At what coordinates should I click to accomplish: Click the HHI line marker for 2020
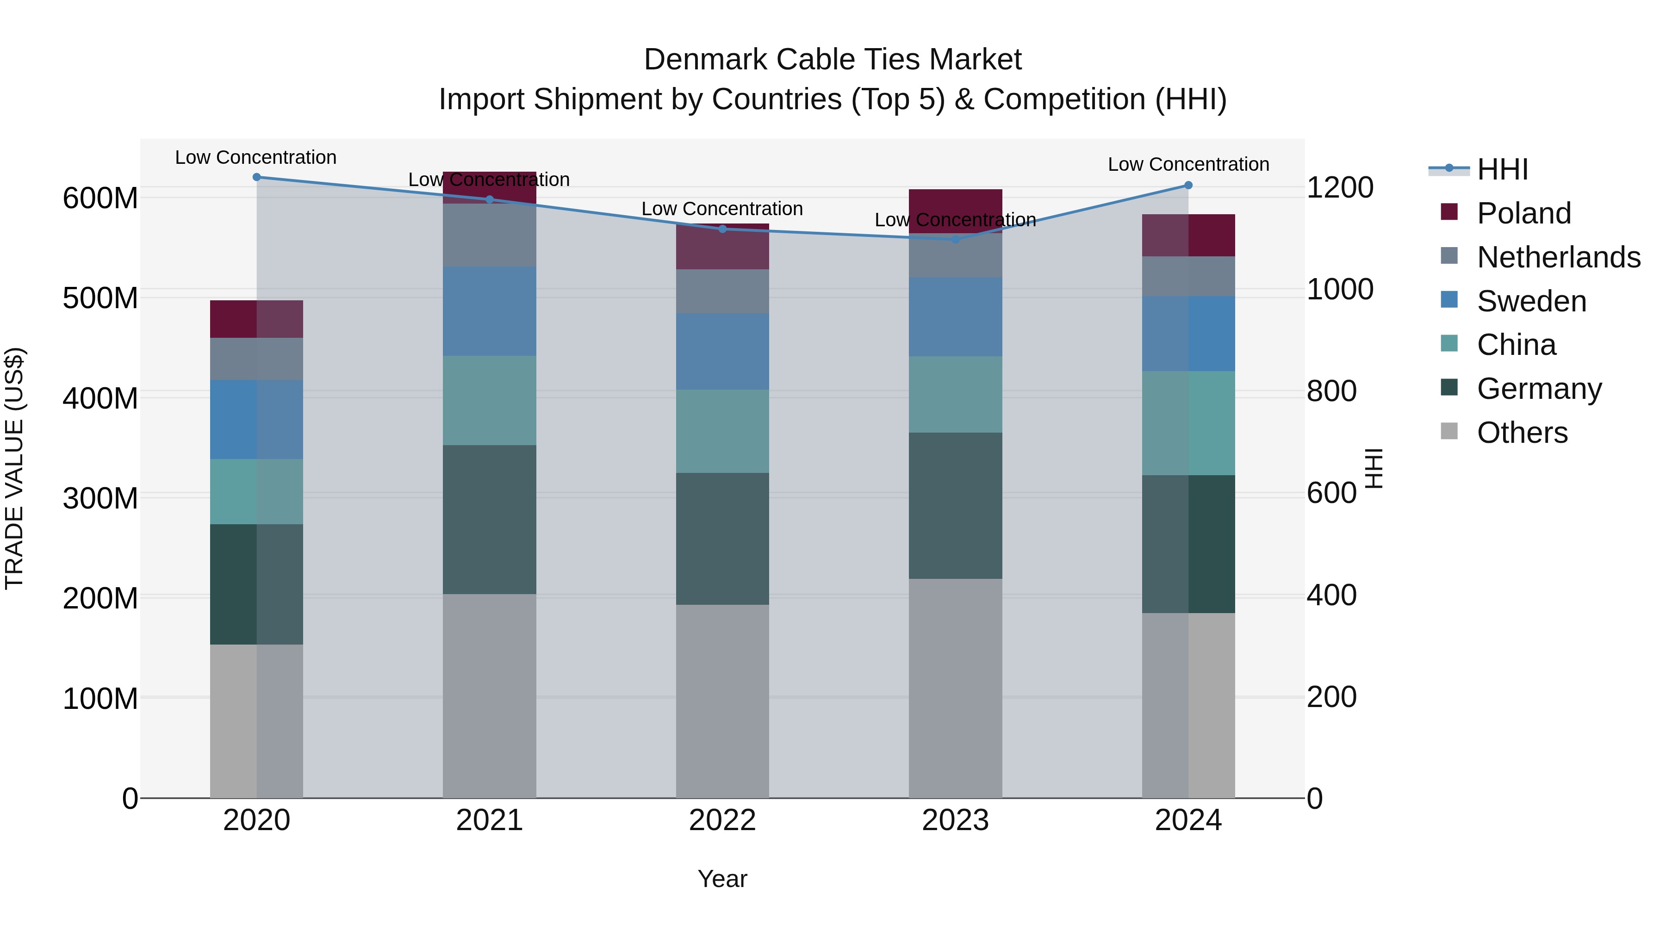[257, 177]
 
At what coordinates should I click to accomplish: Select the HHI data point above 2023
[955, 239]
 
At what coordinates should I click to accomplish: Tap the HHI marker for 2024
[1188, 186]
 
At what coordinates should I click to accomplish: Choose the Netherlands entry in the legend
[1558, 257]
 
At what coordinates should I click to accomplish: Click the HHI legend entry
[1502, 169]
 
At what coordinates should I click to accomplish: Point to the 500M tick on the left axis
[100, 298]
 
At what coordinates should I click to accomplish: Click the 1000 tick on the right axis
[1339, 289]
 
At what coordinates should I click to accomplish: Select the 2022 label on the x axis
[722, 820]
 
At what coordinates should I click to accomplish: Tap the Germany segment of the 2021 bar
[490, 519]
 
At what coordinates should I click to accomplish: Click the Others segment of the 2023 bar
[955, 688]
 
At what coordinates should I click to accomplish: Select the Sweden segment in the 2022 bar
[722, 351]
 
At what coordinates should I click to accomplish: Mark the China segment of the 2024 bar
[1188, 423]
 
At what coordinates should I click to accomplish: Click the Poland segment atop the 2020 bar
[257, 319]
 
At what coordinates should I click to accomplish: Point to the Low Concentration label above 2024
[1188, 164]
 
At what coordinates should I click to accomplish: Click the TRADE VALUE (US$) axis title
[14, 468]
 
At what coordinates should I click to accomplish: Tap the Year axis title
[722, 879]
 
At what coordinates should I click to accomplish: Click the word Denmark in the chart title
[705, 60]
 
